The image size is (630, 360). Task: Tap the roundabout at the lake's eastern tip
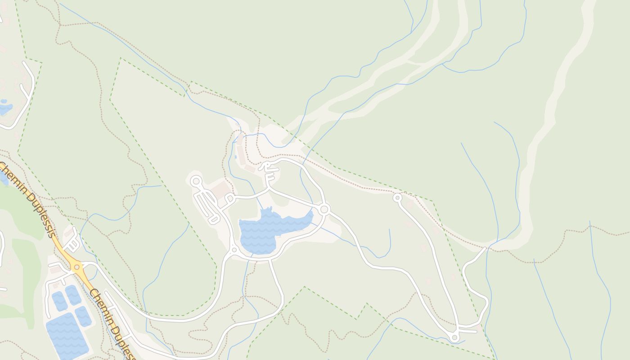point(324,209)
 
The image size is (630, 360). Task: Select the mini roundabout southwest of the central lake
point(234,250)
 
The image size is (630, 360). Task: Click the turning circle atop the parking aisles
point(196,181)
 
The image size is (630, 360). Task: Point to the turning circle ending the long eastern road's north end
point(397,197)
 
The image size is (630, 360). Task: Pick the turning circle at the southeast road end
point(454,337)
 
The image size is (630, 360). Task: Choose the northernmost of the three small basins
point(73,294)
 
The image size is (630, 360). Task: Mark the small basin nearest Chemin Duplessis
point(83,316)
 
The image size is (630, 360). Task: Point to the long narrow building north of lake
point(242,155)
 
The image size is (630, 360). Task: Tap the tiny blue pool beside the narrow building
point(235,157)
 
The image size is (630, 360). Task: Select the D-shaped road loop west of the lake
point(229,198)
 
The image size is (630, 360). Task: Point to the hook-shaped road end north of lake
point(266,166)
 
